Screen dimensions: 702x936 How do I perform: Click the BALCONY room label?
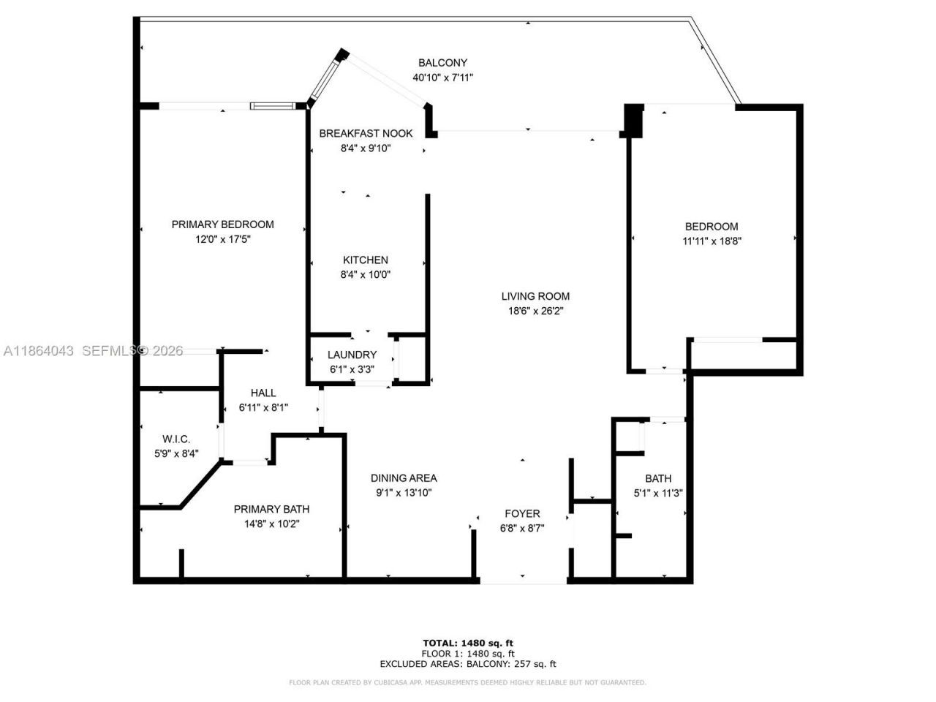(442, 63)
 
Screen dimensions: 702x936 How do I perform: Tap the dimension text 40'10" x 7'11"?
(442, 77)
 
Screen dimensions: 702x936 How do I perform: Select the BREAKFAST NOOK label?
(366, 133)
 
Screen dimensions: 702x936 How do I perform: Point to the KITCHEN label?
(366, 260)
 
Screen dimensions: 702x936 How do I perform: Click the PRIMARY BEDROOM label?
(222, 224)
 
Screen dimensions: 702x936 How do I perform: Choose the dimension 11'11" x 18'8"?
(712, 241)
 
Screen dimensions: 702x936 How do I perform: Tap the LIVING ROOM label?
(535, 296)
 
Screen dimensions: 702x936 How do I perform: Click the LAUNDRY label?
(352, 355)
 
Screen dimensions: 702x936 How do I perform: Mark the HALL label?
(263, 393)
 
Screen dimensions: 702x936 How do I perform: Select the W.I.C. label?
(176, 439)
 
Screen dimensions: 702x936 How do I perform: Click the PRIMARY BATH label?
(271, 509)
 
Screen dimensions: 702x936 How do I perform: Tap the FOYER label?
(522, 513)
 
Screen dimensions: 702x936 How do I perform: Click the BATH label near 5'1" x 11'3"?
(658, 478)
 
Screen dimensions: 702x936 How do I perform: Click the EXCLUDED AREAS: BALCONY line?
(468, 664)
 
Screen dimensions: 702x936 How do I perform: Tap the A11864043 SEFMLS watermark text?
(93, 351)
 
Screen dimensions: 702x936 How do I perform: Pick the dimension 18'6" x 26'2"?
(535, 310)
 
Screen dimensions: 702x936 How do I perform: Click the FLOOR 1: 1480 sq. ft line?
(468, 654)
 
